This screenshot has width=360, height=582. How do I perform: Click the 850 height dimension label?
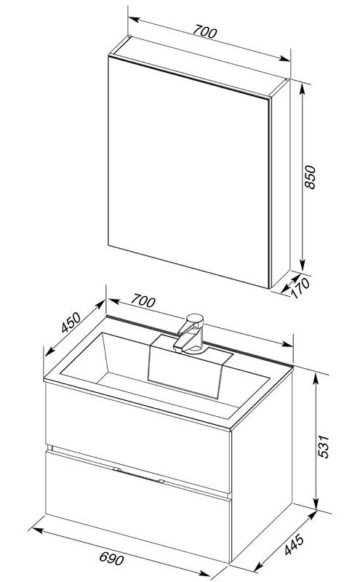pyautogui.click(x=310, y=177)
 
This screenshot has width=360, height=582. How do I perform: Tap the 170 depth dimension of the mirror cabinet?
pyautogui.click(x=300, y=288)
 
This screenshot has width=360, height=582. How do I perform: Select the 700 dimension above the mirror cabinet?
pyautogui.click(x=204, y=31)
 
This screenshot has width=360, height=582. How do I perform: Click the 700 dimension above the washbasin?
pyautogui.click(x=143, y=300)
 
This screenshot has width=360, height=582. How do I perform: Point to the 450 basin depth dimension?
pyautogui.click(x=71, y=322)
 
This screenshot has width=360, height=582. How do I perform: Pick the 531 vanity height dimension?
pyautogui.click(x=323, y=446)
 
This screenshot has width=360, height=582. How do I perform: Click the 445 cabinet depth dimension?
pyautogui.click(x=295, y=544)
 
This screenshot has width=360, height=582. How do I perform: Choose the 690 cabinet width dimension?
pyautogui.click(x=112, y=558)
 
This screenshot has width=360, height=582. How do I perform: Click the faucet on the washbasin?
pyautogui.click(x=190, y=334)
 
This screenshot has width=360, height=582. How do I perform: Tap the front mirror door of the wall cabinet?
pyautogui.click(x=188, y=171)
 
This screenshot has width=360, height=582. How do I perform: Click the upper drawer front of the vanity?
pyautogui.click(x=137, y=438)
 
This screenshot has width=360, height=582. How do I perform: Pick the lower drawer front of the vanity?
pyautogui.click(x=138, y=506)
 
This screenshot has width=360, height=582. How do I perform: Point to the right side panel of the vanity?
pyautogui.click(x=262, y=466)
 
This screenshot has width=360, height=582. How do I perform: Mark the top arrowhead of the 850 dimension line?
pyautogui.click(x=303, y=88)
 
